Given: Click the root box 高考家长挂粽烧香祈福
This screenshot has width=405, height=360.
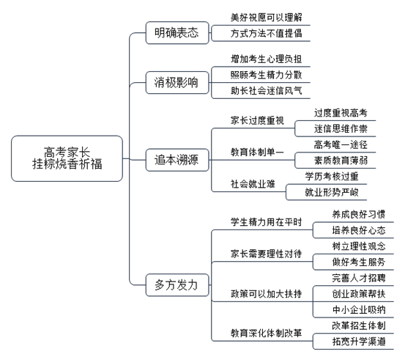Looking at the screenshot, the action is pos(67,158).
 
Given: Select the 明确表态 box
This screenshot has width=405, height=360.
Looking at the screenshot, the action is pos(177,33).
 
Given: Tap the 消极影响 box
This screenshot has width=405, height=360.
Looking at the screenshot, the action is pos(177,83).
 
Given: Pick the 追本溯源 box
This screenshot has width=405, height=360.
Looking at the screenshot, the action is pos(177,160).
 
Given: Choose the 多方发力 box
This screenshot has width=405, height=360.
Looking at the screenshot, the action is pos(177,285).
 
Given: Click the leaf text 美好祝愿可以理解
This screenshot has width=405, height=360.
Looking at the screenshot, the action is pos(267,18).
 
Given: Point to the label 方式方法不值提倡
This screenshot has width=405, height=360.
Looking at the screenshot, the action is pos(267,34).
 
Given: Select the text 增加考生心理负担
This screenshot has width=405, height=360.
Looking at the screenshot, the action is pos(267,59).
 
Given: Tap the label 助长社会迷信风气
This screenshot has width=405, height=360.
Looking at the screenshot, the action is pos(267,91).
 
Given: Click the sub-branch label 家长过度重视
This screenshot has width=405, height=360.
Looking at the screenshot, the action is pos(257,120).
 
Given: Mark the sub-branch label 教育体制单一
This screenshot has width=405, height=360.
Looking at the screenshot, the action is pos(257,152).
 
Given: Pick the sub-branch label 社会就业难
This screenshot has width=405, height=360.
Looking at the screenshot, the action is pos(253,184).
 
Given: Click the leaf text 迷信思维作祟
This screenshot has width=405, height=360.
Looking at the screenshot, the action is pos(341,129).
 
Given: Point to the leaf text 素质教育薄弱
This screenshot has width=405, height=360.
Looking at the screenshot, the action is pos(341,161).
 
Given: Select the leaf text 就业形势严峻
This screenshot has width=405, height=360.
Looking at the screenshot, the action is pos(332,192).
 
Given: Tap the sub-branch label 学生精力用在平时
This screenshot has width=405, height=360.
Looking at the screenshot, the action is pos(267,222).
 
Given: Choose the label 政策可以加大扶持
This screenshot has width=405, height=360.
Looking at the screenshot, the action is pos(267,294).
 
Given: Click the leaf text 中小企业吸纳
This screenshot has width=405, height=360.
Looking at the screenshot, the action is pos(359,310).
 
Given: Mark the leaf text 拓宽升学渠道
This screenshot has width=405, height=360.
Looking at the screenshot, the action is pos(359,342).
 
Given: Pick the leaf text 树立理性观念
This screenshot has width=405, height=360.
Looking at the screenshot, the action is pos(359,246).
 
